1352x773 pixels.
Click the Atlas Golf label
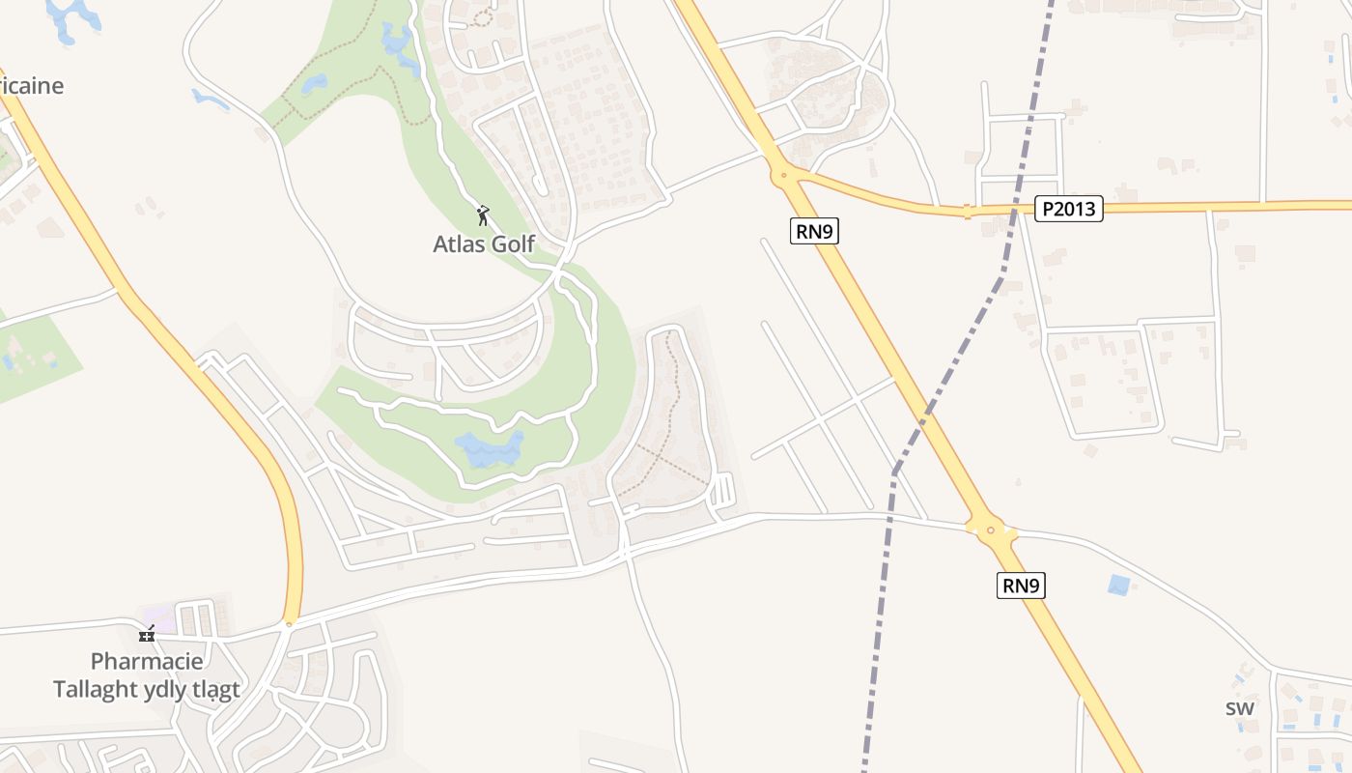tap(483, 243)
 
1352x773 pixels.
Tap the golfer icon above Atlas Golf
tap(483, 215)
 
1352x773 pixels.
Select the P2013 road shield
tap(1068, 209)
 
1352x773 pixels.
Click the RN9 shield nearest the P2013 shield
tap(813, 231)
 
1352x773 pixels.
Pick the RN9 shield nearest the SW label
tap(1021, 586)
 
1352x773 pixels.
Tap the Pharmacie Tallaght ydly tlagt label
tap(147, 675)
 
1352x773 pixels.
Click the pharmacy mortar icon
tap(147, 634)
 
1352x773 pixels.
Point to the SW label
tap(1240, 708)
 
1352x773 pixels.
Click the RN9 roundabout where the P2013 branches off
tap(783, 176)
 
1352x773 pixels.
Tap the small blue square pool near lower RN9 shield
tap(1119, 585)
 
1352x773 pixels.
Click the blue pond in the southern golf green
tap(489, 449)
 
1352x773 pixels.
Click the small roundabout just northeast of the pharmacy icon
tap(288, 624)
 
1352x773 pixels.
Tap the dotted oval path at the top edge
tap(481, 16)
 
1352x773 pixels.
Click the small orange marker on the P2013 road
tap(967, 212)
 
